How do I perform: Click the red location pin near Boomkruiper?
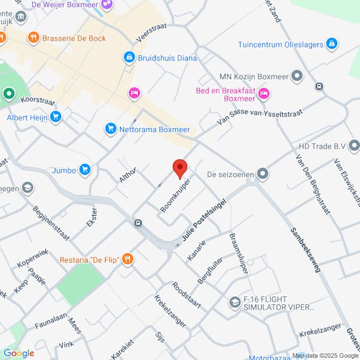[179, 169]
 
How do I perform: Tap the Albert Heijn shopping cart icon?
[56, 116]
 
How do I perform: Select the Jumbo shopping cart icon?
[85, 170]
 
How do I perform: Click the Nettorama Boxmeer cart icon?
[110, 128]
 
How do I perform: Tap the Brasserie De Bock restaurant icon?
[33, 38]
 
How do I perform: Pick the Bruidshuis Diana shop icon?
[128, 57]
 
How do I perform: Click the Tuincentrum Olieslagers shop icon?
[332, 44]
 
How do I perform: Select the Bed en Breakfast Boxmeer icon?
[264, 94]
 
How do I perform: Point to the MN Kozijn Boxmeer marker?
[297, 76]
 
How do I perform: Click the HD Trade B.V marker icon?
[355, 145]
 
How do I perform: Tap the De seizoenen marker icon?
[262, 174]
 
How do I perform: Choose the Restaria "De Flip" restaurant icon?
[127, 259]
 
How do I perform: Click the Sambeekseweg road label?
[304, 250]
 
